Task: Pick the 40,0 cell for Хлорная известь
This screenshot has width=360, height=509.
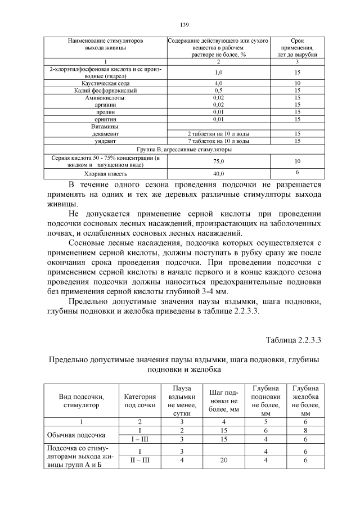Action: click(x=218, y=173)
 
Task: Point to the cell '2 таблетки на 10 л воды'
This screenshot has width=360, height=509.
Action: click(x=218, y=134)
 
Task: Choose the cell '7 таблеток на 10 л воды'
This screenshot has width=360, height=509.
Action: click(x=218, y=141)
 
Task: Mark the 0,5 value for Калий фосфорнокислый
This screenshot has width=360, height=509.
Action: click(x=218, y=90)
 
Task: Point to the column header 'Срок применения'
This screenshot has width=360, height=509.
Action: click(x=297, y=48)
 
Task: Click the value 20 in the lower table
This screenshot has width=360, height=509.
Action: click(x=223, y=460)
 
